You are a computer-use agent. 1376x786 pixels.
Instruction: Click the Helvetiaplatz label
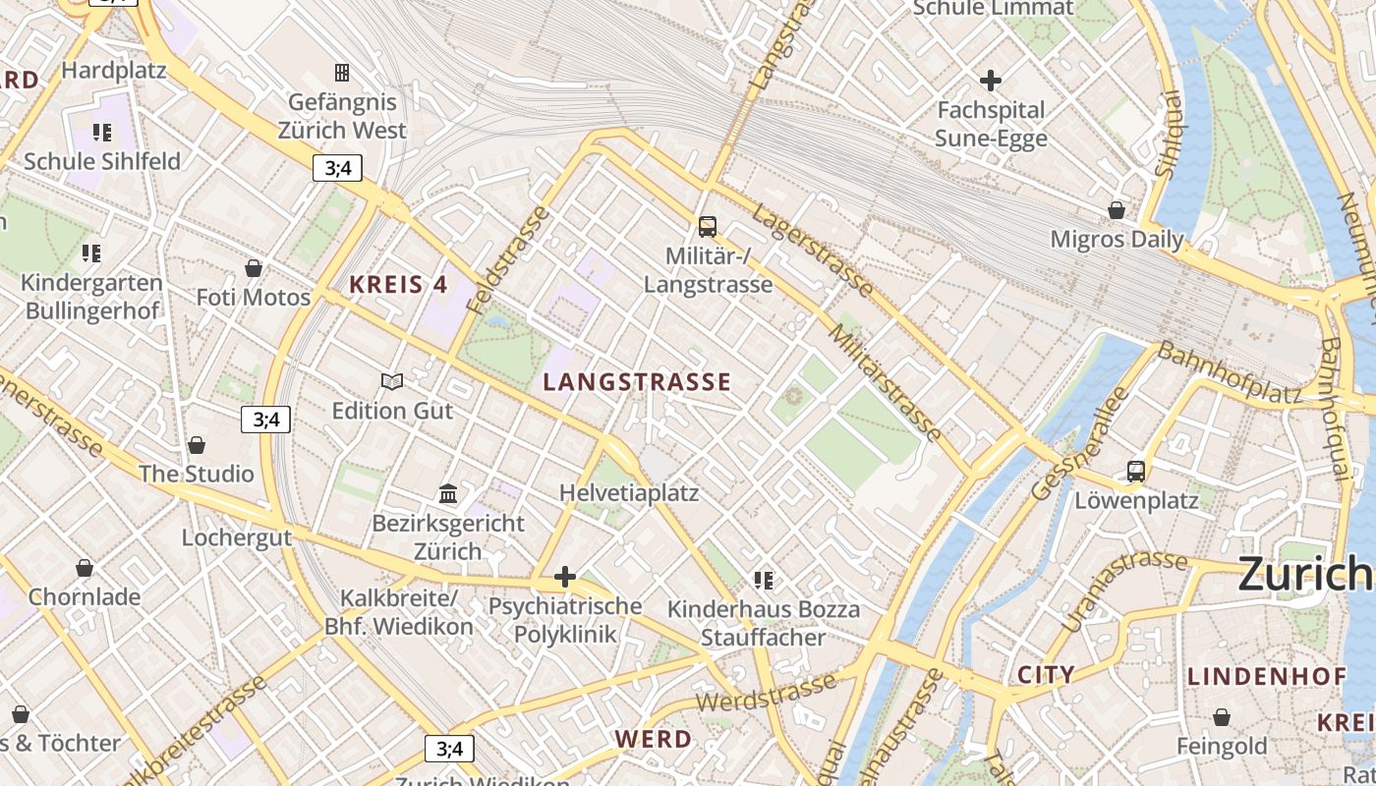[629, 492]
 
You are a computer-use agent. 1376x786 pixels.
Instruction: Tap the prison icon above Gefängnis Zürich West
[342, 73]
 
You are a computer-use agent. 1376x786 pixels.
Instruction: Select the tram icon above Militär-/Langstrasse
[707, 227]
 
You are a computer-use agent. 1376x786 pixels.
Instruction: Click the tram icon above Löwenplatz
[1136, 472]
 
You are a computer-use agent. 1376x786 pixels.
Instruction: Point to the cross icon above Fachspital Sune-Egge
[991, 81]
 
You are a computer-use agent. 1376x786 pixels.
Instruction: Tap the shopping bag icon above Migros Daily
[1117, 210]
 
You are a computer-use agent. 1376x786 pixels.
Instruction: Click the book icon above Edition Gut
[392, 381]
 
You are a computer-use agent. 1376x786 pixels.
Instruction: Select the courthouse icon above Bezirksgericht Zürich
[448, 493]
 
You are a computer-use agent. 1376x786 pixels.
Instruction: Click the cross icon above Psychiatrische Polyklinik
[565, 577]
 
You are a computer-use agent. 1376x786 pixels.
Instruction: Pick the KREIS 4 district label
[398, 286]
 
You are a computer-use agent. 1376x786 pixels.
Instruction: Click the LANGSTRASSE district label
[637, 382]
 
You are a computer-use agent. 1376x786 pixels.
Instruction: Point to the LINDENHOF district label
[1266, 677]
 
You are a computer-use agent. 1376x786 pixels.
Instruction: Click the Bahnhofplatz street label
[1229, 373]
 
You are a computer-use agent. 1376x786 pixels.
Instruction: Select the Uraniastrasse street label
[1124, 589]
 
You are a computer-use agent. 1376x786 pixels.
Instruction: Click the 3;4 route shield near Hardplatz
[337, 168]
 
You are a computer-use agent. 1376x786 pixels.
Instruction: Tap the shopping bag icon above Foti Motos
[254, 268]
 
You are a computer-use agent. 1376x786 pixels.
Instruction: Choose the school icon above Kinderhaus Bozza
[764, 581]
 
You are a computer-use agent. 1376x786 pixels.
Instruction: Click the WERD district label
[654, 739]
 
